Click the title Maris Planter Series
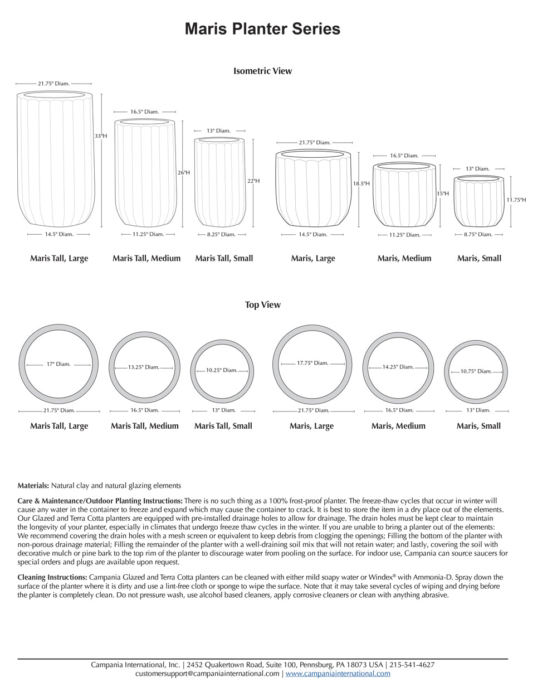click(x=262, y=29)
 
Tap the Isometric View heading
click(x=262, y=71)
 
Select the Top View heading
click(x=262, y=305)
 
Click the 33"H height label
click(x=101, y=136)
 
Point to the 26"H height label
click(x=184, y=173)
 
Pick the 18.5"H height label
click(x=361, y=183)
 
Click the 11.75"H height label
click(x=516, y=200)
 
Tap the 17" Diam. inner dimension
click(x=58, y=364)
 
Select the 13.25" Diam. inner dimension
click(x=144, y=367)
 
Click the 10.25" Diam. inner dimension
click(x=222, y=370)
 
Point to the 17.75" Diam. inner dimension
click(x=312, y=363)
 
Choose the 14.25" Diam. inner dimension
click(x=398, y=367)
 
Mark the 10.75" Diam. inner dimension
click(x=476, y=371)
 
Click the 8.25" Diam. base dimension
click(x=221, y=235)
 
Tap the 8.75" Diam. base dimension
click(x=478, y=235)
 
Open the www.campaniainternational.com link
click(x=338, y=674)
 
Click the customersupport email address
click(x=207, y=674)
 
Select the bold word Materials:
click(x=33, y=486)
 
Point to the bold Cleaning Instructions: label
click(x=52, y=577)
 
